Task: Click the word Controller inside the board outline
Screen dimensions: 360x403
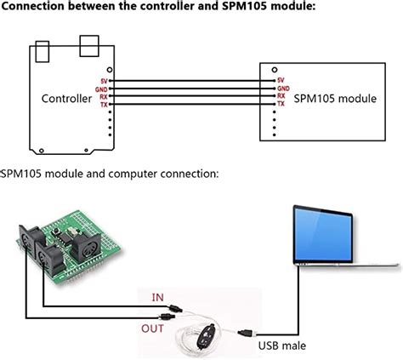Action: [x=66, y=98]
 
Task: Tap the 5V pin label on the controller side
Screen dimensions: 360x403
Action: [x=104, y=81]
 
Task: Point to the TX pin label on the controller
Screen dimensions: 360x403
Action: [x=104, y=103]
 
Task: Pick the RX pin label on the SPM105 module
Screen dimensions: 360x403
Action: [x=281, y=96]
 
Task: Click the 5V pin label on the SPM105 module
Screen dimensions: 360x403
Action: [x=281, y=81]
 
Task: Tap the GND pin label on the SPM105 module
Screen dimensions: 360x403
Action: [x=283, y=89]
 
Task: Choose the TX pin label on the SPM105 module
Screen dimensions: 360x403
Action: [x=281, y=104]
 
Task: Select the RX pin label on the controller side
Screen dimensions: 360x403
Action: [x=104, y=96]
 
